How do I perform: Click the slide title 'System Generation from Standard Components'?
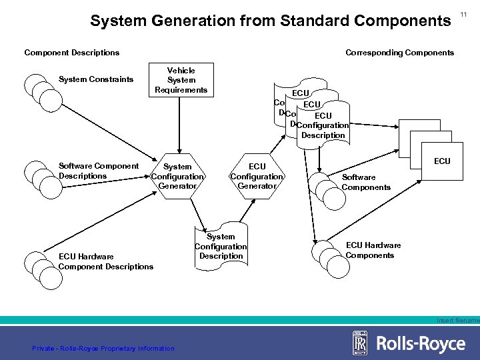270,21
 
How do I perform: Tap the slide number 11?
465,11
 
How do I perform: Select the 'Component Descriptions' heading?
72,52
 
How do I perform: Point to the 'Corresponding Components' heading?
399,52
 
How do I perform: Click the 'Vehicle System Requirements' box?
181,80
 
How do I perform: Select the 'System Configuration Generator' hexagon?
177,176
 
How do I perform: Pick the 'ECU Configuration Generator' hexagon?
257,176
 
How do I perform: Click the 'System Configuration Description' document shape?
221,246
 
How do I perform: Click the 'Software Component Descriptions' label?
99,171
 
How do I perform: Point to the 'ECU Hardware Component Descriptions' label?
106,261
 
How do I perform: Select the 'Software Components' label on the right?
366,182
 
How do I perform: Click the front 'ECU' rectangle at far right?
441,161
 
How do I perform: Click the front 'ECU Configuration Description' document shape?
323,125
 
